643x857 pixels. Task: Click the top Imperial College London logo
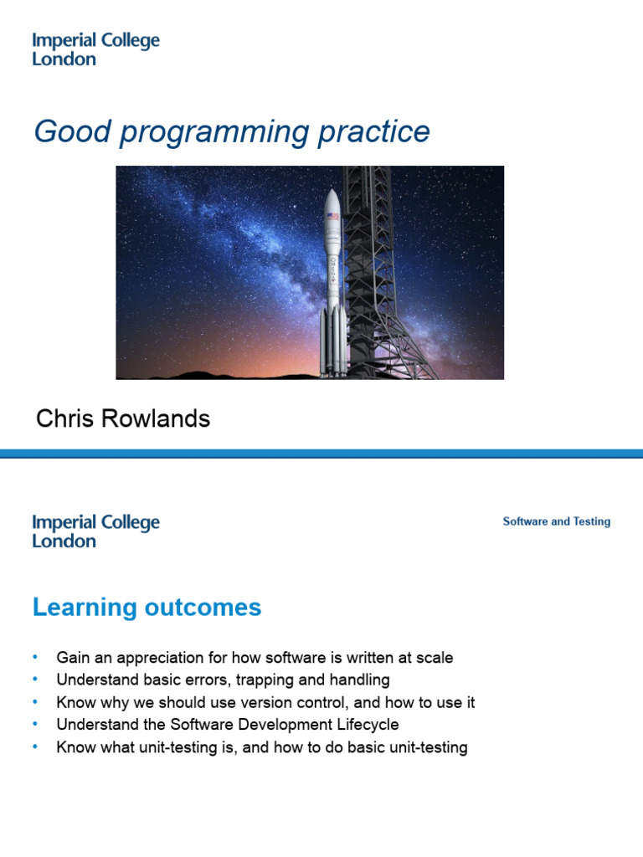point(95,49)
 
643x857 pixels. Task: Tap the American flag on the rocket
point(332,218)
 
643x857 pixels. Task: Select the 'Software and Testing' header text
point(556,521)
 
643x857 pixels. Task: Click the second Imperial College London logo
point(95,531)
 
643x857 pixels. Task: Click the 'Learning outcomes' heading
point(147,608)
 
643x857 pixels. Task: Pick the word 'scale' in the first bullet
point(434,658)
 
